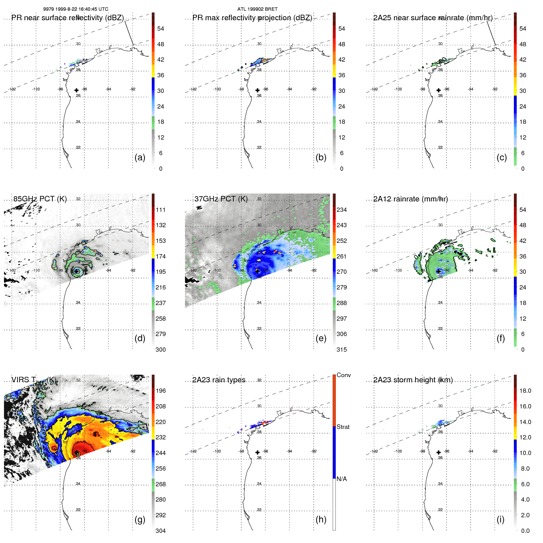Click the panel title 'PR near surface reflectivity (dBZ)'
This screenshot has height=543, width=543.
pyautogui.click(x=67, y=18)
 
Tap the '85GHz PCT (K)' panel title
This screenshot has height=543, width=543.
pyautogui.click(x=40, y=199)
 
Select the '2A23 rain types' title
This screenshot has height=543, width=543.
pyautogui.click(x=219, y=380)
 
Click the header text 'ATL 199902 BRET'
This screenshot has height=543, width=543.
pyautogui.click(x=257, y=9)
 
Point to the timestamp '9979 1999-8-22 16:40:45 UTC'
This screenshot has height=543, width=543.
pyautogui.click(x=75, y=9)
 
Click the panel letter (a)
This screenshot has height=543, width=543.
pyautogui.click(x=140, y=157)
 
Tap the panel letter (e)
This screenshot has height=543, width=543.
pyautogui.click(x=321, y=338)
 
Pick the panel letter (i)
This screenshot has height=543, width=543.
pyautogui.click(x=500, y=519)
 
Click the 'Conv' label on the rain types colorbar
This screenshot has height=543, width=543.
pyautogui.click(x=343, y=375)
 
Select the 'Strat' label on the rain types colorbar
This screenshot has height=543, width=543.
pyautogui.click(x=343, y=427)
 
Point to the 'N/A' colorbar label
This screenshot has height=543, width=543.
pyautogui.click(x=342, y=479)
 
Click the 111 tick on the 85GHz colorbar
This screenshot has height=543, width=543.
pyautogui.click(x=161, y=210)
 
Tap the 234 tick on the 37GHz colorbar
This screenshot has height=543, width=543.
pyautogui.click(x=342, y=210)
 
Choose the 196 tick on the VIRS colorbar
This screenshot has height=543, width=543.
pyautogui.click(x=161, y=391)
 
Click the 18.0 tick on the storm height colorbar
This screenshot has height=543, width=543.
pyautogui.click(x=525, y=391)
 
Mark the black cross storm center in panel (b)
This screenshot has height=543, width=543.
pyautogui.click(x=258, y=90)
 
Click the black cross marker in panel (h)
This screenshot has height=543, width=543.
pyautogui.click(x=258, y=452)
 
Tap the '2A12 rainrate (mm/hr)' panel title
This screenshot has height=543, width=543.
pyautogui.click(x=411, y=199)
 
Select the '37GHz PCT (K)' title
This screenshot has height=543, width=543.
pyautogui.click(x=221, y=199)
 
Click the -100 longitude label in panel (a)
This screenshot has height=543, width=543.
pyautogui.click(x=36, y=89)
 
